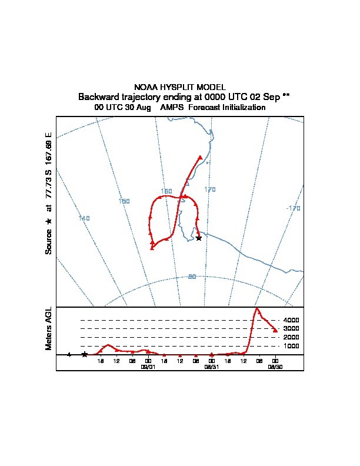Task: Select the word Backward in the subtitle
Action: pyautogui.click(x=99, y=97)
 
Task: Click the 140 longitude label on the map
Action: pyautogui.click(x=84, y=219)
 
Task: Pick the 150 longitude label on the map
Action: pyautogui.click(x=124, y=201)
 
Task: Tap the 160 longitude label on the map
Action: pyautogui.click(x=166, y=191)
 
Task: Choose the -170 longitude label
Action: pyautogui.click(x=293, y=208)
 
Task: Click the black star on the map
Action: pyautogui.click(x=199, y=238)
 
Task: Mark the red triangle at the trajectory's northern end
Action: pyautogui.click(x=201, y=157)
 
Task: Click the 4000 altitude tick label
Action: pyautogui.click(x=291, y=320)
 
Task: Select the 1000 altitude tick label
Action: pyautogui.click(x=291, y=346)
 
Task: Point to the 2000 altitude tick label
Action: pyautogui.click(x=291, y=337)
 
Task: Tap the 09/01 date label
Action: pyautogui.click(x=148, y=366)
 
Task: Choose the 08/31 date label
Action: pyautogui.click(x=211, y=366)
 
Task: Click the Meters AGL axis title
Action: pyautogui.click(x=49, y=328)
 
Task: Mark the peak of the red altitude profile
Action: pyautogui.click(x=256, y=308)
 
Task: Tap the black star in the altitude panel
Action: pyautogui.click(x=85, y=354)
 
